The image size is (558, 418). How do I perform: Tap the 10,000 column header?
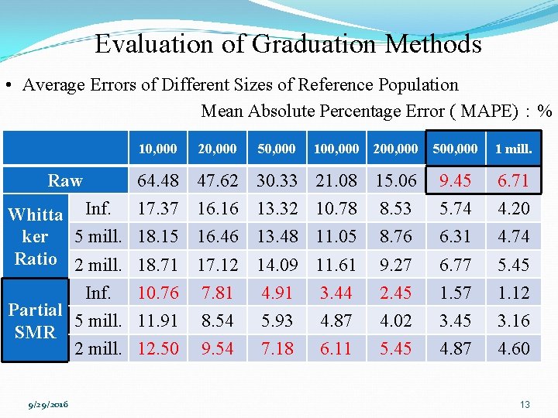[x=157, y=149]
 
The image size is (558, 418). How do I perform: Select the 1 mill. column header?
[x=513, y=149]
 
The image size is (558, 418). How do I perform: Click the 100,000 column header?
[x=336, y=149]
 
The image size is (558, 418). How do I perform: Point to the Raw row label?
[x=65, y=181]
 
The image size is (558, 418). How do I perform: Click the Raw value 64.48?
[x=158, y=181]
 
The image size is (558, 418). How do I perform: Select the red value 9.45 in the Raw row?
[x=455, y=181]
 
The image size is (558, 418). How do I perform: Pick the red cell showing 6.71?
[x=513, y=181]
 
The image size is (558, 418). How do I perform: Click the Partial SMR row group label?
[x=36, y=320]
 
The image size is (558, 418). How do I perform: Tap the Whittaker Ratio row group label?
[x=36, y=236]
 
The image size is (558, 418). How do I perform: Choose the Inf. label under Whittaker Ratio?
[x=98, y=208]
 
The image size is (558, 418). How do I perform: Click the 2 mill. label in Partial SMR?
[x=98, y=348]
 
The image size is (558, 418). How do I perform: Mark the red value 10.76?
[x=158, y=293]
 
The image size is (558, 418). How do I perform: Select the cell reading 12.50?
[x=158, y=348]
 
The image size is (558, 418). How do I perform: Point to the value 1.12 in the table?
[x=513, y=293]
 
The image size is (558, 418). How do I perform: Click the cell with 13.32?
[x=277, y=208]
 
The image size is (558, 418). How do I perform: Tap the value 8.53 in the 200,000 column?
[x=395, y=208]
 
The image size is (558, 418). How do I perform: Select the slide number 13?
[x=525, y=404]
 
